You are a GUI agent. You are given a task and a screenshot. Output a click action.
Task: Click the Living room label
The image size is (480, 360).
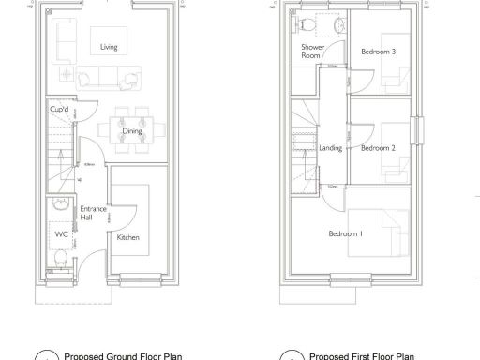pos(109,47)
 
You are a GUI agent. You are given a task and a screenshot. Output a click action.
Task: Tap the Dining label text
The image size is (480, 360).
pos(132,131)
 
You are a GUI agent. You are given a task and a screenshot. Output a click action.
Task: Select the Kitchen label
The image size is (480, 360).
pos(128,237)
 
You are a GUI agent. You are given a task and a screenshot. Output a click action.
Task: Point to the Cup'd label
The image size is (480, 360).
pos(59,110)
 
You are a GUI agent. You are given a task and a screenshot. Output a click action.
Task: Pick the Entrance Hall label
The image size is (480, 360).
pos(91,213)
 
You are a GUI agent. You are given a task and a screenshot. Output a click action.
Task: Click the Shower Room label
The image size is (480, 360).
pos(311,51)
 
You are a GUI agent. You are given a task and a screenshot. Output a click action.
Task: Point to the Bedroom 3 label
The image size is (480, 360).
pos(378,52)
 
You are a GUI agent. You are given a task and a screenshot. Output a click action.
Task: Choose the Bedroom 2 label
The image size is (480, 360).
pos(378,148)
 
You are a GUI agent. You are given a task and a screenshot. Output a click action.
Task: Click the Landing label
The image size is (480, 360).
pos(330,148)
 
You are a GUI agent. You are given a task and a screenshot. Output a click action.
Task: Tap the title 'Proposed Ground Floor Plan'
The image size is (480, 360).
pos(122,356)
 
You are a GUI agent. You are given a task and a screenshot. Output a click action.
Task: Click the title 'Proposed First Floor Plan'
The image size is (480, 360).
pos(361,356)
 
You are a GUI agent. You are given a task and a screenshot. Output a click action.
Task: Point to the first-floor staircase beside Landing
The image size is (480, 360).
pos(305,150)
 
